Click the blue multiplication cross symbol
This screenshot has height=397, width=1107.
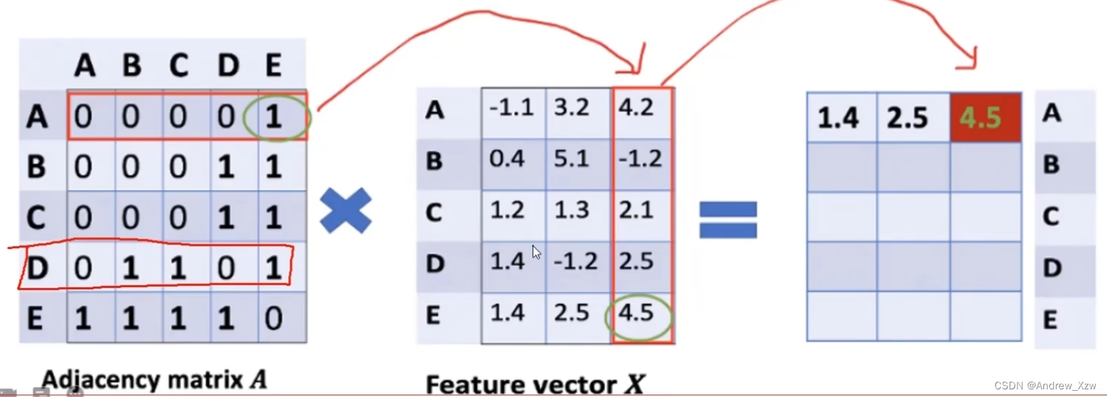point(346,211)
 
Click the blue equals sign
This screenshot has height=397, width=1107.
point(727,220)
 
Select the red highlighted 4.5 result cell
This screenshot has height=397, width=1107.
point(985,118)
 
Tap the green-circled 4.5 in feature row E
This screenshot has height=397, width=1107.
point(637,314)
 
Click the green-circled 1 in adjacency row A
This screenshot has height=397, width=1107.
point(275,116)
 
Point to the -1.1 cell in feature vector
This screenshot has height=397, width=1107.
point(511,108)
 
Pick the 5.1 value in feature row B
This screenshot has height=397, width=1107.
point(572,159)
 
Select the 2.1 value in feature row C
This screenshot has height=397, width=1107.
point(635,210)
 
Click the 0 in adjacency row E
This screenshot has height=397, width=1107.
point(274,318)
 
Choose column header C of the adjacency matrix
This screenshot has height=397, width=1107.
point(178,65)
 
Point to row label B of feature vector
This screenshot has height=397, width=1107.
point(434,161)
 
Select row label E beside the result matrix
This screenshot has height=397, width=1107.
point(1050,320)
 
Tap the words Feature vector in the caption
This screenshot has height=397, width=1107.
point(521,384)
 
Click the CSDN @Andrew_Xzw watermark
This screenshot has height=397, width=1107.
point(1044,386)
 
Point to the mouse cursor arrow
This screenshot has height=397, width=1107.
point(536,252)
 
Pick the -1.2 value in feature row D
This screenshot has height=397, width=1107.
point(576,261)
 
